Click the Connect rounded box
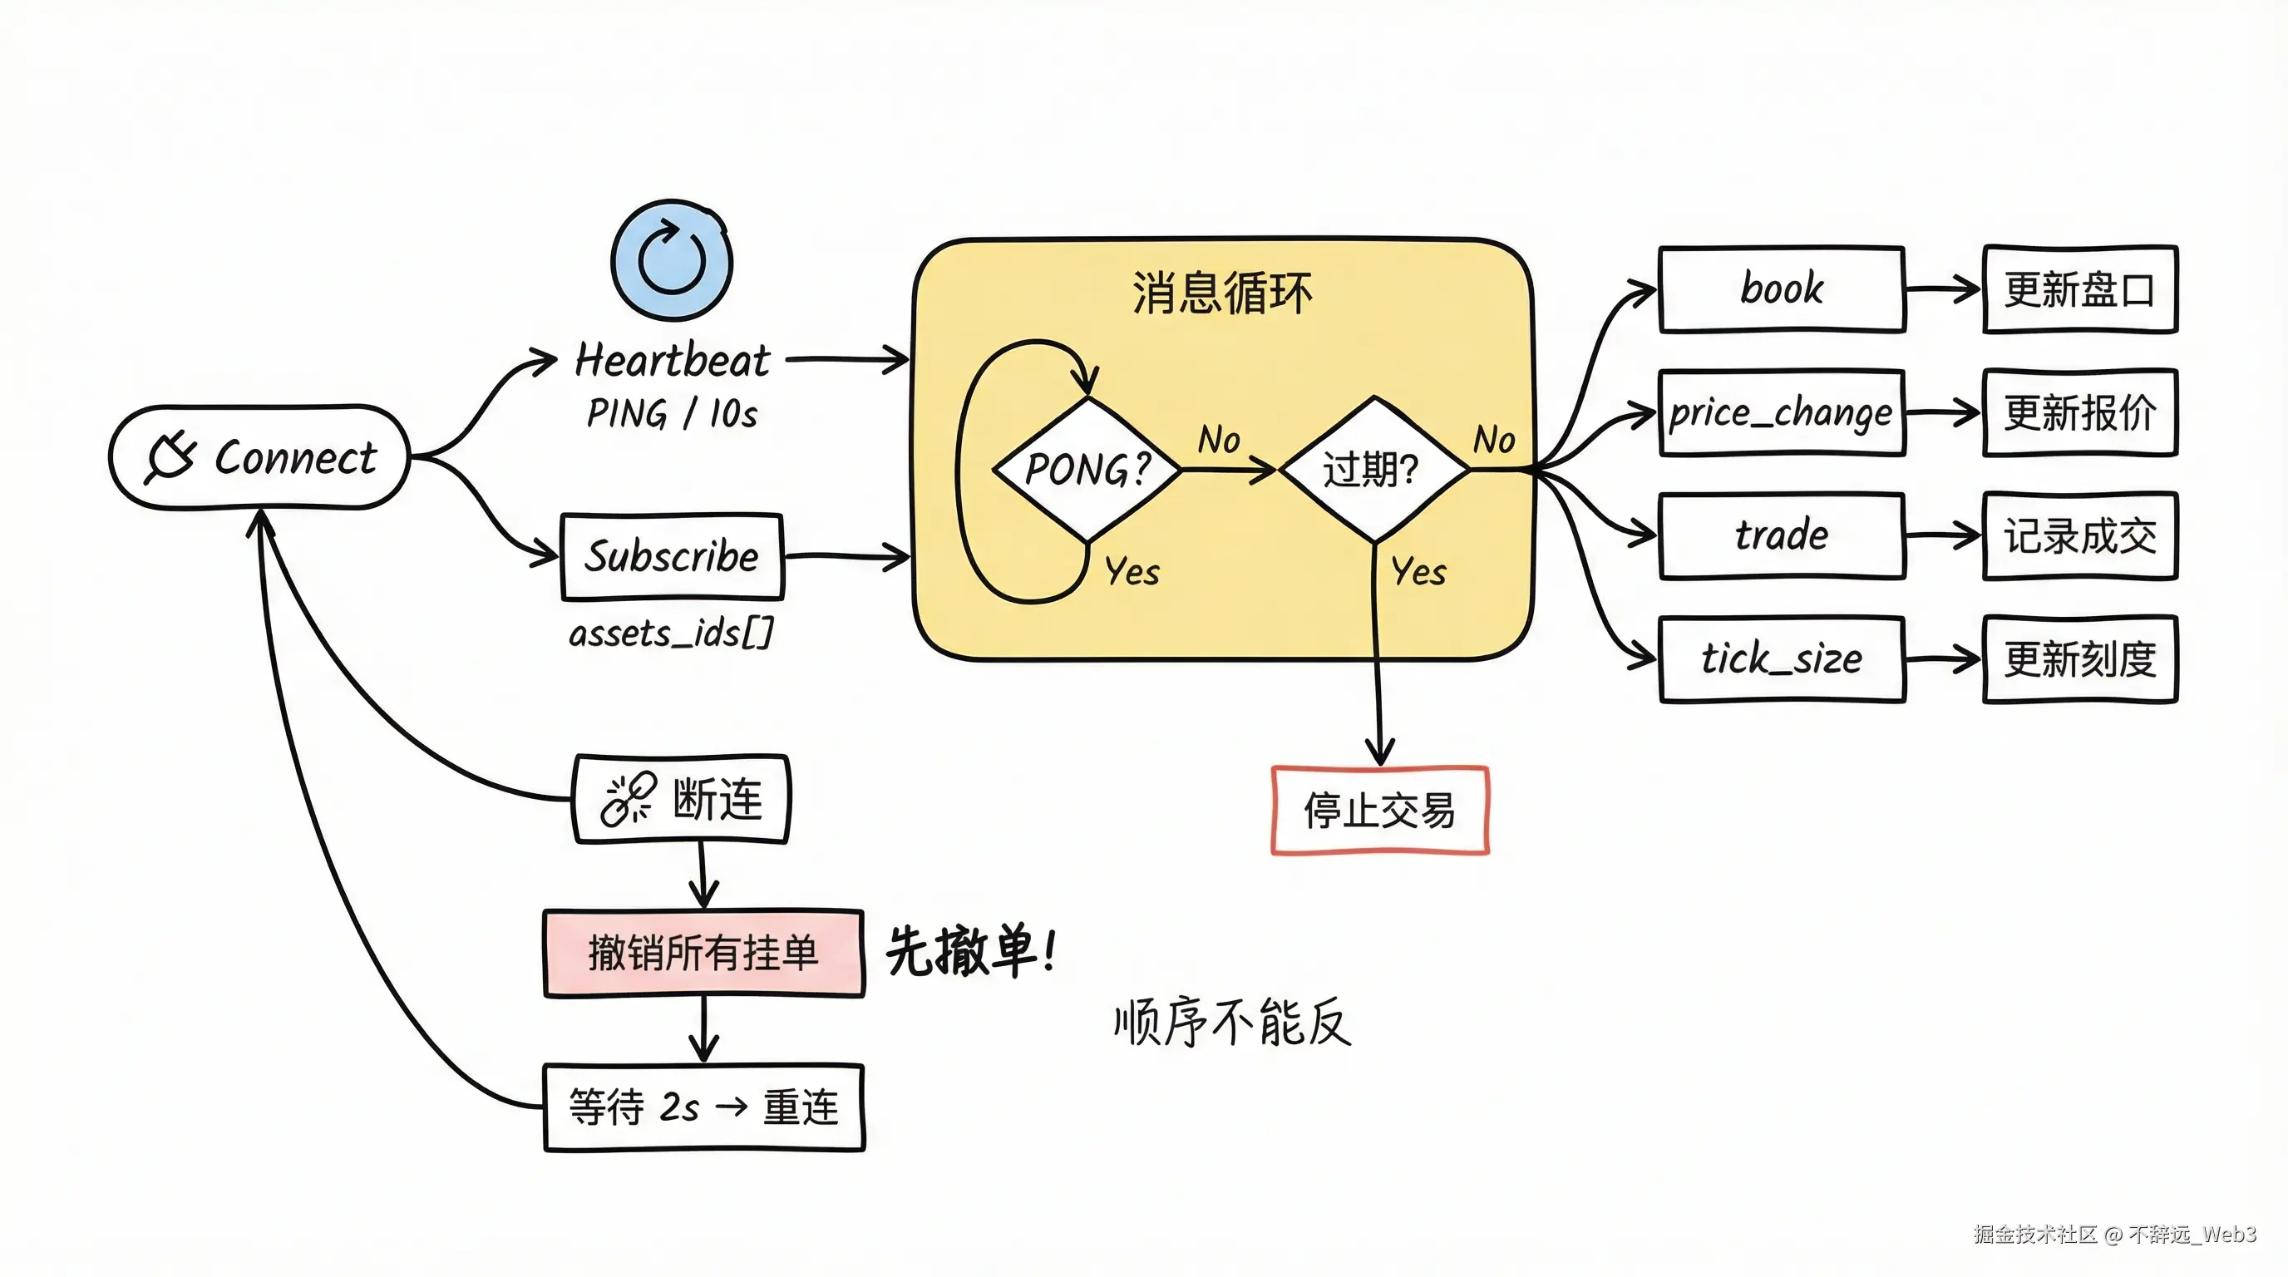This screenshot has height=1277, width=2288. coord(259,457)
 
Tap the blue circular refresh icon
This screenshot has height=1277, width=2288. coord(673,260)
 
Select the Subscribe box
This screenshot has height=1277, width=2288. coord(672,557)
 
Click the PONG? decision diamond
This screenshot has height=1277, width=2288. coord(1087,469)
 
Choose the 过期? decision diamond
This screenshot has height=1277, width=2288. coord(1373,469)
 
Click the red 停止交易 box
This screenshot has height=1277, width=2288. coord(1379,810)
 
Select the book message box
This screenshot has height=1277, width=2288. coord(1781,289)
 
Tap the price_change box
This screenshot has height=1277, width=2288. coord(1781,413)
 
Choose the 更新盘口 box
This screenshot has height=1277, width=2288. coord(2079,289)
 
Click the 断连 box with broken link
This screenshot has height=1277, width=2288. coord(681,798)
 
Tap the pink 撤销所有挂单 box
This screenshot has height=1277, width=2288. coord(703,953)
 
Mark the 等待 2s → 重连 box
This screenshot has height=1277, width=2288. coord(703,1107)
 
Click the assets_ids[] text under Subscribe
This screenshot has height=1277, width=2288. coord(671,634)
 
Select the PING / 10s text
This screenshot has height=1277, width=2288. coord(673,414)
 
